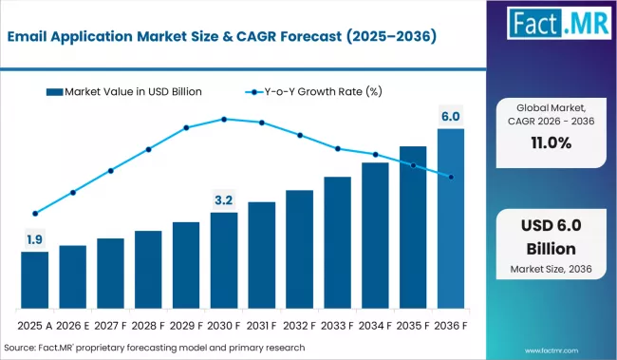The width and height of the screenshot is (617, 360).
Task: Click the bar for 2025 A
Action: click(x=34, y=280)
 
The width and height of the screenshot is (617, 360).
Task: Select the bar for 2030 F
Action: click(x=224, y=260)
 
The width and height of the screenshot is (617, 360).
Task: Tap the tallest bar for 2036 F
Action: click(x=451, y=218)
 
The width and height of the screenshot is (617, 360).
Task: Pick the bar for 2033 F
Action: click(x=337, y=242)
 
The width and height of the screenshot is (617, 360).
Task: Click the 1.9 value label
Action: click(x=34, y=239)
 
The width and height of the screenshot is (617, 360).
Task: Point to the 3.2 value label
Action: click(x=224, y=200)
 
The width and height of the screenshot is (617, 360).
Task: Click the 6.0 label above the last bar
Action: click(x=451, y=117)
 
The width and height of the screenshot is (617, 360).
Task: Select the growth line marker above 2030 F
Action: click(x=224, y=119)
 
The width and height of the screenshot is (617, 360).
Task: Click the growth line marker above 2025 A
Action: click(x=34, y=214)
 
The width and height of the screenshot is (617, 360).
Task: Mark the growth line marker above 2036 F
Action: click(x=451, y=177)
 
